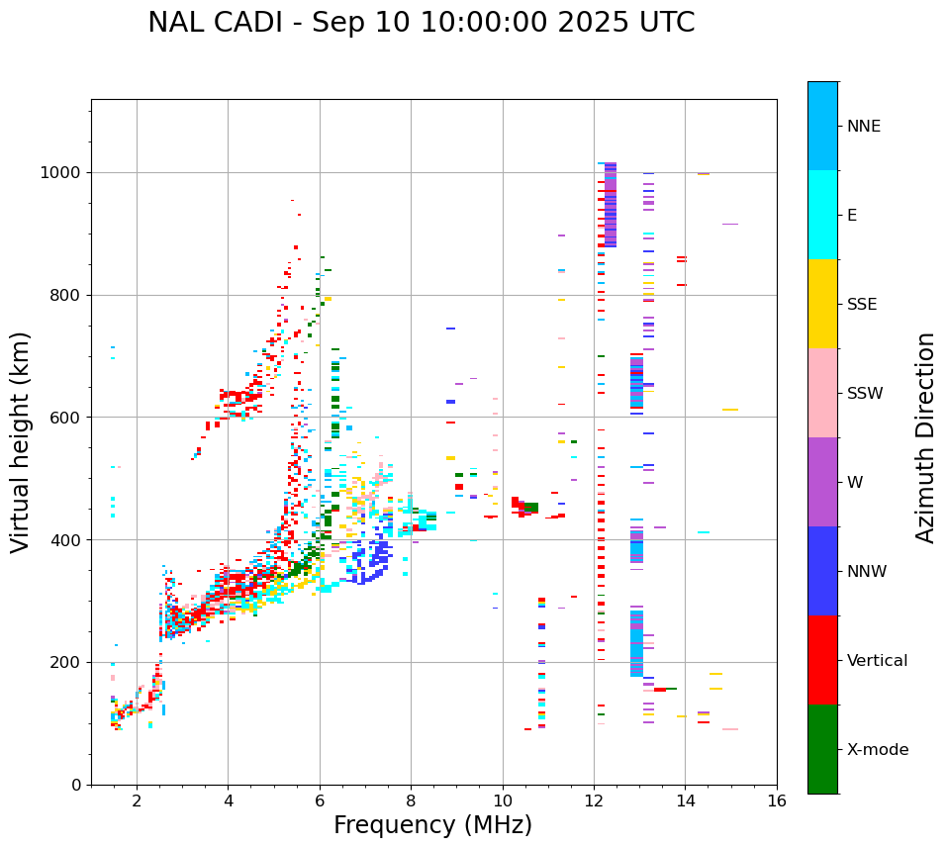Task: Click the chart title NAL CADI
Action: point(421,23)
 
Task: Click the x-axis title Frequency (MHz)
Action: point(432,825)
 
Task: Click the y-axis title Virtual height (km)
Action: point(21,442)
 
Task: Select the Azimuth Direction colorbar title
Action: point(925,437)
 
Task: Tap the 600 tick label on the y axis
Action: point(66,418)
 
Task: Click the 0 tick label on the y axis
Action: point(75,785)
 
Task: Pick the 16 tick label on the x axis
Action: point(777,801)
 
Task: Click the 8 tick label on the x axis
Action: point(411,801)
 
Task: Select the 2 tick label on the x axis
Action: point(137,801)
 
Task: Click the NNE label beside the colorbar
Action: point(863,127)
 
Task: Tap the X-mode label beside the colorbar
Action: point(877,750)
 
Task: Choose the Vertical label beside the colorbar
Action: point(877,661)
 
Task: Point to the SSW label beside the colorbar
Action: point(865,394)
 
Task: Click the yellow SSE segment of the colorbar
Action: point(822,304)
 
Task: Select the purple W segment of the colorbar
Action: point(822,482)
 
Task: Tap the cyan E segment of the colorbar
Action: point(822,215)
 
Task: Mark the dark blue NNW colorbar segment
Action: point(822,571)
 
